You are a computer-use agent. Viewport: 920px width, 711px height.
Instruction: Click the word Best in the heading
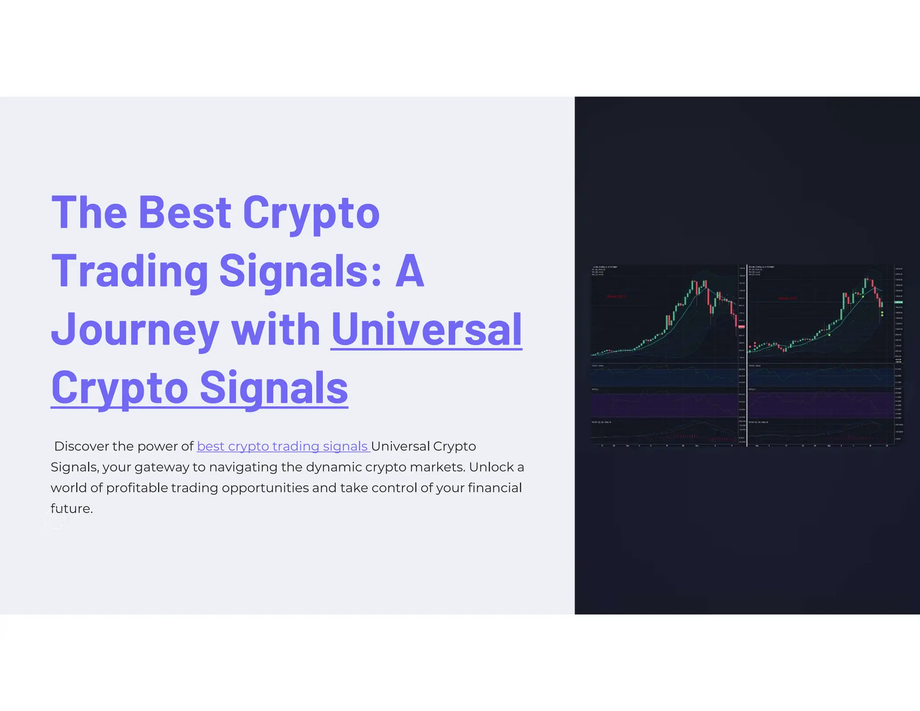point(185,213)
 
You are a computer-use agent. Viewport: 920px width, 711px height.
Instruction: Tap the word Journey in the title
point(135,330)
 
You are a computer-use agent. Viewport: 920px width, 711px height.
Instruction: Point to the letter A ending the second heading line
point(410,271)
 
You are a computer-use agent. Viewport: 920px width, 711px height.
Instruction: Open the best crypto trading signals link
point(283,446)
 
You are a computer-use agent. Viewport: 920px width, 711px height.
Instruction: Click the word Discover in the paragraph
point(81,446)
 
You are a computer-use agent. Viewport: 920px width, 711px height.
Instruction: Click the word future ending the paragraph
point(71,509)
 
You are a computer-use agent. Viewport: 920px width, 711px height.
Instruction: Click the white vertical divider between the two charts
point(747,355)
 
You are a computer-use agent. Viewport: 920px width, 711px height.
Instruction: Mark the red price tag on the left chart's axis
point(741,326)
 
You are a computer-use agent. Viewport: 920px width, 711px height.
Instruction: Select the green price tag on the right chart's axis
point(899,302)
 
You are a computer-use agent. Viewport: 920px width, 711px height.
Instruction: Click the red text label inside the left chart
point(616,297)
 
